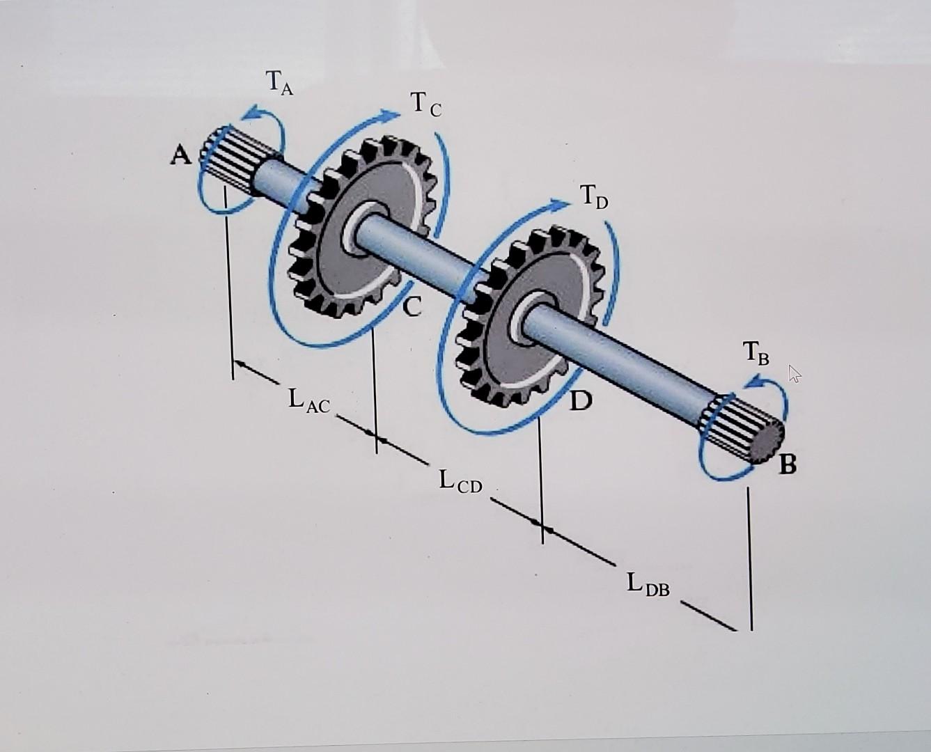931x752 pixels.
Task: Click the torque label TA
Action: tap(280, 84)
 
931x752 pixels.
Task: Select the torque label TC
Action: tap(425, 106)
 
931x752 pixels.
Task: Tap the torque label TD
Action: tap(593, 198)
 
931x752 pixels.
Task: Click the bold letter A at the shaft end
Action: tap(180, 157)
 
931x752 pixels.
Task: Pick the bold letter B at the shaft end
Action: tap(786, 464)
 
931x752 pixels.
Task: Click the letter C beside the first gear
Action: tap(412, 306)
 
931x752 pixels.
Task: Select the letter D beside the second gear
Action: tap(579, 401)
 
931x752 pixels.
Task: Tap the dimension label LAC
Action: tap(309, 402)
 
